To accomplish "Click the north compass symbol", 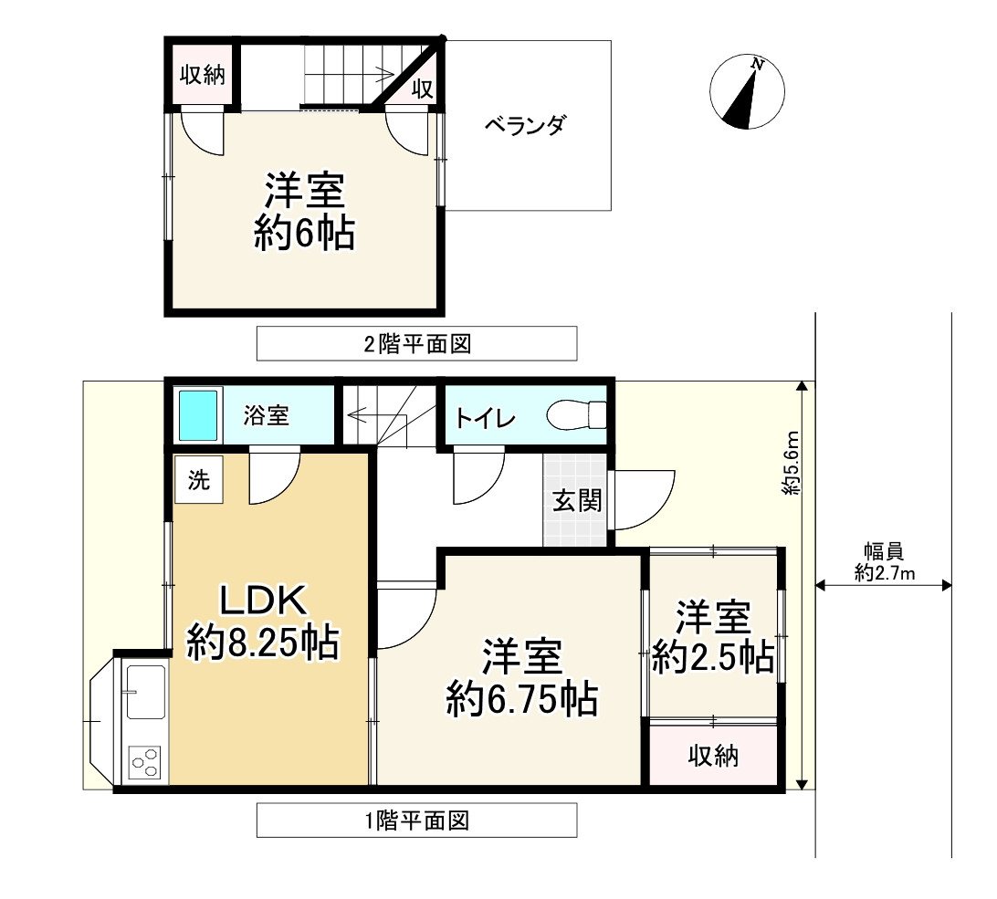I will tap(748, 93).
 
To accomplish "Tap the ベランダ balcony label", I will tap(523, 126).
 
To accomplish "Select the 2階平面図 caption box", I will tap(416, 344).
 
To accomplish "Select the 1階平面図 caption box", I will tap(416, 821).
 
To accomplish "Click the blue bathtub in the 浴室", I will tap(199, 415).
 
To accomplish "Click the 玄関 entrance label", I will tap(576, 501).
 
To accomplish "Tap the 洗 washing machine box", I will tap(199, 481).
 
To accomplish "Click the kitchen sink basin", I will tap(145, 691).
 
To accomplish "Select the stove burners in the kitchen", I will tap(145, 761).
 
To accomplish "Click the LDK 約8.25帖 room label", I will tap(263, 622).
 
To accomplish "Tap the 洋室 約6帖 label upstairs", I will tap(304, 212).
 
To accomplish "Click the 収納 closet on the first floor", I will tap(714, 756).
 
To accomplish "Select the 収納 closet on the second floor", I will tap(202, 75).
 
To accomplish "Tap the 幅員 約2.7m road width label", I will tap(884, 561).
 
